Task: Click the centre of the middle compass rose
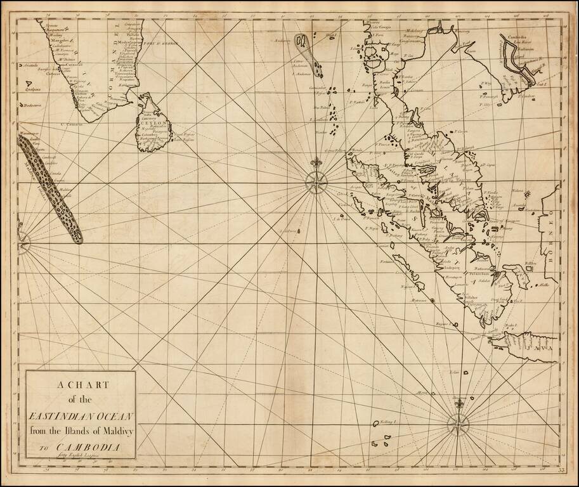(315, 182)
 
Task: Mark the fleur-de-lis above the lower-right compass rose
(459, 402)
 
